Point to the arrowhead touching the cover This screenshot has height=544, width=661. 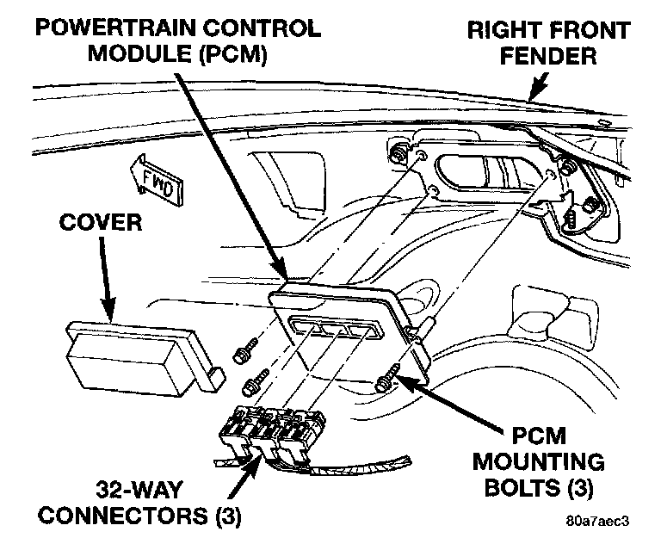point(108,313)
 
